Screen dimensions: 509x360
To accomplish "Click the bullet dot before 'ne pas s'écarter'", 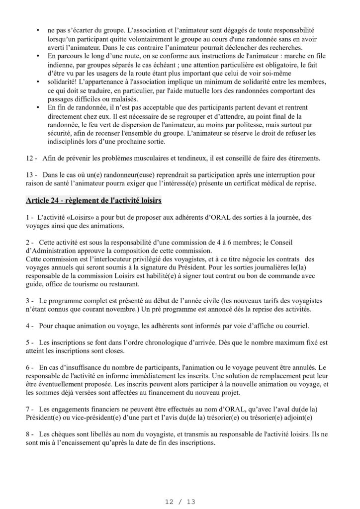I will [x=38, y=31].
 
